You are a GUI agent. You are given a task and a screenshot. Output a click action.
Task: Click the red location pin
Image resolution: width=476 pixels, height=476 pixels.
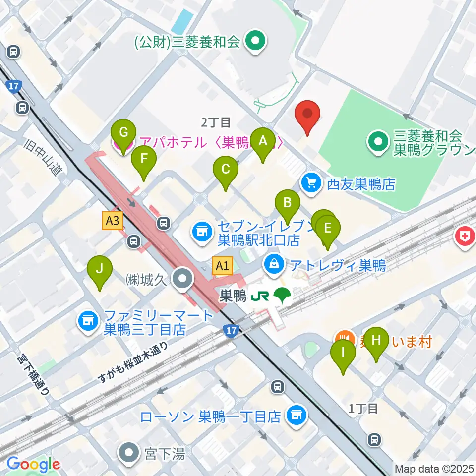click(x=307, y=115)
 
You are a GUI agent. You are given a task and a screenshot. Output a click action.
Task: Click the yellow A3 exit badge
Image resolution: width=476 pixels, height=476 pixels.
click(x=113, y=221)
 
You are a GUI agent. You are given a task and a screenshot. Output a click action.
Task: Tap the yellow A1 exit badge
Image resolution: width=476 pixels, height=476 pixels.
click(x=223, y=266)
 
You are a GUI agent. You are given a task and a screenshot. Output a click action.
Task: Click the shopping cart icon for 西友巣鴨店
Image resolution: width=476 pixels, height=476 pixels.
click(x=311, y=184)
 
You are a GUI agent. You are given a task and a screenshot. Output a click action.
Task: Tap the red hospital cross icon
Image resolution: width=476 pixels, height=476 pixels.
click(x=464, y=235)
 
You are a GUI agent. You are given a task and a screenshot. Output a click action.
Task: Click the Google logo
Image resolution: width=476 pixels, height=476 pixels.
click(x=33, y=464)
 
